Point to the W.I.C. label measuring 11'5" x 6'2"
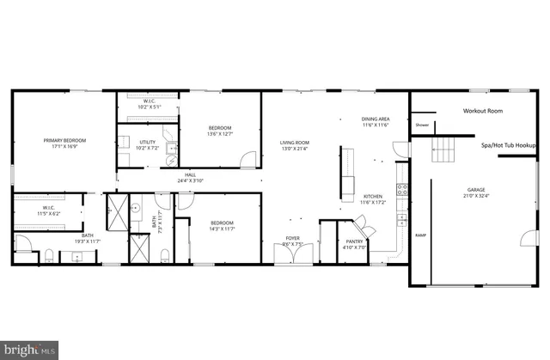tap(49, 210)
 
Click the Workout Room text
tap(482, 111)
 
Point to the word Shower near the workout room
tap(422, 125)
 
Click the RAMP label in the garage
tap(420, 235)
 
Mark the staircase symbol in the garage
tap(444, 150)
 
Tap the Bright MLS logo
tap(29, 349)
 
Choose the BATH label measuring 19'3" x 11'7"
tap(88, 238)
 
